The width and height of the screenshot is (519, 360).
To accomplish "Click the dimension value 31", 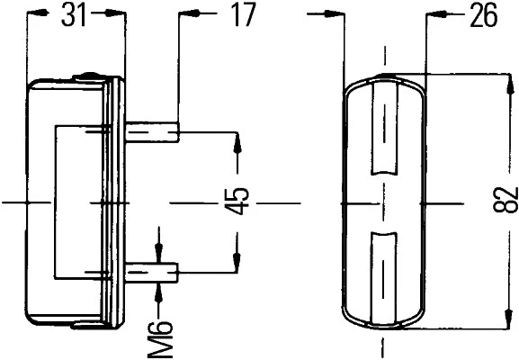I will [x=76, y=14].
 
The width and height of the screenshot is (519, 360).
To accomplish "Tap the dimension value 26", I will [x=482, y=14].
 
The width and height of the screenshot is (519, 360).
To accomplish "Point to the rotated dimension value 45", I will [x=236, y=202].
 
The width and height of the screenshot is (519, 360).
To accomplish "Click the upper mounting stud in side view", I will [x=153, y=133].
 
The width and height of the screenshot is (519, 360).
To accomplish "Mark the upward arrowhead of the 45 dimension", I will [x=237, y=140].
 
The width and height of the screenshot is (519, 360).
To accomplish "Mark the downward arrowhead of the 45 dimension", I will [x=237, y=262].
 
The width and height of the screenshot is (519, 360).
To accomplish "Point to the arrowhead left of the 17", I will [x=187, y=14].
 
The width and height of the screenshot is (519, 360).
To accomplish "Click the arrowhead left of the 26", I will [x=433, y=14].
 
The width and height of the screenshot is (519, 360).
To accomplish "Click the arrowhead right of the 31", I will [x=116, y=14].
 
